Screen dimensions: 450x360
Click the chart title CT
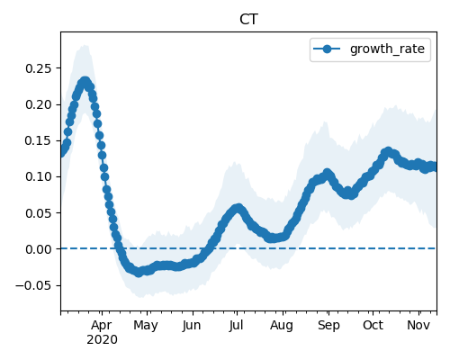click(248, 20)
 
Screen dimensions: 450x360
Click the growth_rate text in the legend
click(387, 49)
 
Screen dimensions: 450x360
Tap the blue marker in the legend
click(327, 49)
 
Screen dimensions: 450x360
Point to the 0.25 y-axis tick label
click(39, 68)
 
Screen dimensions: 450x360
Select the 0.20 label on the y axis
click(39, 104)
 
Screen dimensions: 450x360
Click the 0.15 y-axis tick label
click(39, 140)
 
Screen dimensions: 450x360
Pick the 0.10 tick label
click(39, 176)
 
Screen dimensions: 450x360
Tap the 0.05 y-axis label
click(39, 213)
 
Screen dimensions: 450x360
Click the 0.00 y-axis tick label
click(39, 249)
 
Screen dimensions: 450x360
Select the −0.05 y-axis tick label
click(34, 285)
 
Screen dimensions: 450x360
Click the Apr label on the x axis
click(102, 325)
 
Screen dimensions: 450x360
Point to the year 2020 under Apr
click(102, 340)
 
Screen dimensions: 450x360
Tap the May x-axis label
click(146, 326)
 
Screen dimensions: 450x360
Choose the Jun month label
click(192, 325)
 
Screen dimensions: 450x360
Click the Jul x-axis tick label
click(236, 325)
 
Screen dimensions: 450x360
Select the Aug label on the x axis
click(282, 326)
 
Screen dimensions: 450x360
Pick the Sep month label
click(328, 326)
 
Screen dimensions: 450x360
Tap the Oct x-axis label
click(373, 325)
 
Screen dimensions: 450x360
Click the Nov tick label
click(418, 325)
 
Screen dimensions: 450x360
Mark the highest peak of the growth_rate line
click(85, 81)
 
